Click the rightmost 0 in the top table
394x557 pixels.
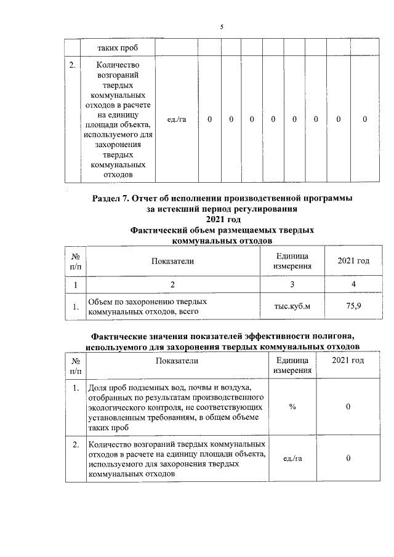pyautogui.click(x=364, y=119)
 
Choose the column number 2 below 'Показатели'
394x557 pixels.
pyautogui.click(x=172, y=284)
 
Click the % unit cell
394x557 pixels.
pyautogui.click(x=292, y=407)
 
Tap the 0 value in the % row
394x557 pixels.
pyautogui.click(x=348, y=407)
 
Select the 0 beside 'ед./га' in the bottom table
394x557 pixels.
pyautogui.click(x=348, y=459)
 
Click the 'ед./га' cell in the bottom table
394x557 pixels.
pyautogui.click(x=292, y=459)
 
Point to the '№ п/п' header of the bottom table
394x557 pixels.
pyautogui.click(x=75, y=366)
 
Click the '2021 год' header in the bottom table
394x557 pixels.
pyautogui.click(x=348, y=360)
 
